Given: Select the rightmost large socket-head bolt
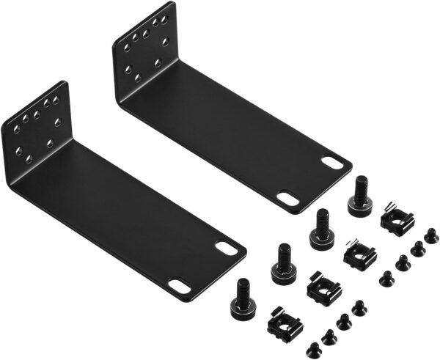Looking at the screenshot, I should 360,192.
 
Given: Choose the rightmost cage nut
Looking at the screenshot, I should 397,221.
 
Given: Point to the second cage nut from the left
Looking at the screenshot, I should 322,287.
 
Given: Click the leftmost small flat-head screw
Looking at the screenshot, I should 312,347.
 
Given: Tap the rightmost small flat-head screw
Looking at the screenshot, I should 432,234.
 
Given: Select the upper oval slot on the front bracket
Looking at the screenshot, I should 227,248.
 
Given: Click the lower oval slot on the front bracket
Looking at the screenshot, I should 178,287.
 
